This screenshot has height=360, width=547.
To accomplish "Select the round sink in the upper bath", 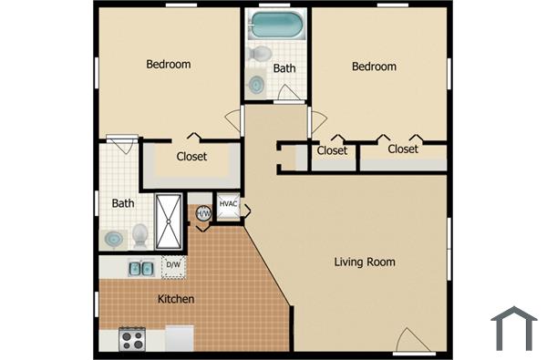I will (x=257, y=86).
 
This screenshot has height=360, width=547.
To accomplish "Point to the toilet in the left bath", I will (x=139, y=236).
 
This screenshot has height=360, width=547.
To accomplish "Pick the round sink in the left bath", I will (x=114, y=240).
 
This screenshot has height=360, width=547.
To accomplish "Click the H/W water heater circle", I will (x=203, y=213).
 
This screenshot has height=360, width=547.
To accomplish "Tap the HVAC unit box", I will (x=228, y=207).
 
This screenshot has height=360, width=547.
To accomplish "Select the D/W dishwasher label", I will (x=171, y=265).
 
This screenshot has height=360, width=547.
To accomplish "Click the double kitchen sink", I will (x=139, y=267).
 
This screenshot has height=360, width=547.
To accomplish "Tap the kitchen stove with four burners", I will (x=133, y=340).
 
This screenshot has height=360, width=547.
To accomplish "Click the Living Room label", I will (x=365, y=262).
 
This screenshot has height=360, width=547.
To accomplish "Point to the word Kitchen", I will (x=176, y=299).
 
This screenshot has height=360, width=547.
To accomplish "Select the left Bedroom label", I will (x=169, y=65).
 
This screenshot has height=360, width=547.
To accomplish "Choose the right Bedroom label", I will (x=375, y=67).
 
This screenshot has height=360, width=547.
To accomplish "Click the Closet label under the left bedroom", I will (x=191, y=156).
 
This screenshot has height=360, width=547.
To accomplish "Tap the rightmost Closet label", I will (x=403, y=149).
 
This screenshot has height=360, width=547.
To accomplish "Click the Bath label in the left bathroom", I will (x=123, y=203).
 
